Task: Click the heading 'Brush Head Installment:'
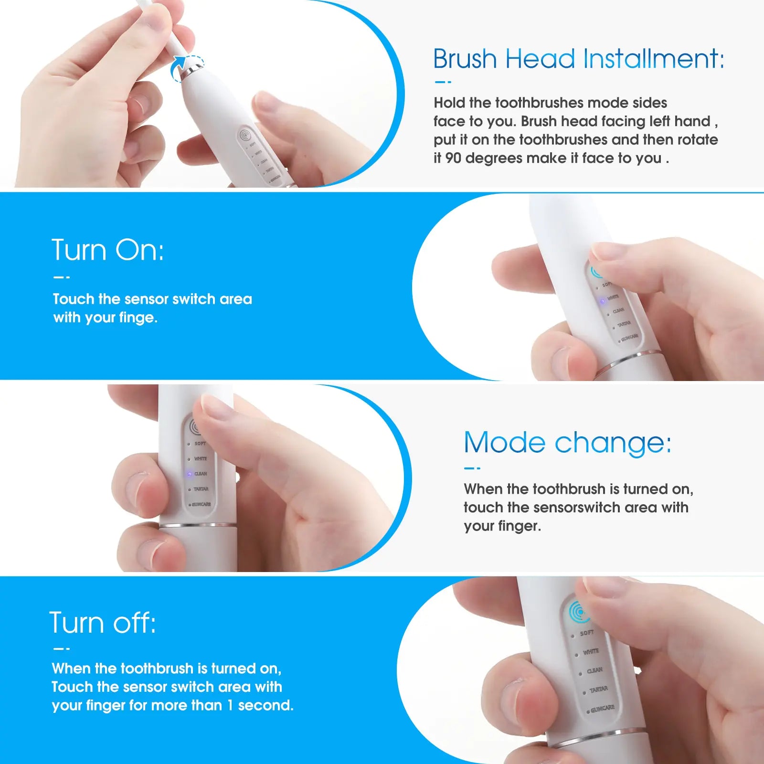point(578,59)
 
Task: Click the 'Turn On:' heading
point(107,250)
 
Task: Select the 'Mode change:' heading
point(567,443)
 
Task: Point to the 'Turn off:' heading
point(103,623)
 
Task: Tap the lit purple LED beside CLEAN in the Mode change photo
point(189,474)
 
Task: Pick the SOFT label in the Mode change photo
point(200,444)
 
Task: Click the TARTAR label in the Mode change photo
point(201,489)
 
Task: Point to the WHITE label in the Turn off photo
point(591,651)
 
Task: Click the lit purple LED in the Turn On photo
point(603,301)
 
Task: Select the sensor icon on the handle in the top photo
point(245,136)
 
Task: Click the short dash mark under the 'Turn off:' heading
point(62,648)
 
